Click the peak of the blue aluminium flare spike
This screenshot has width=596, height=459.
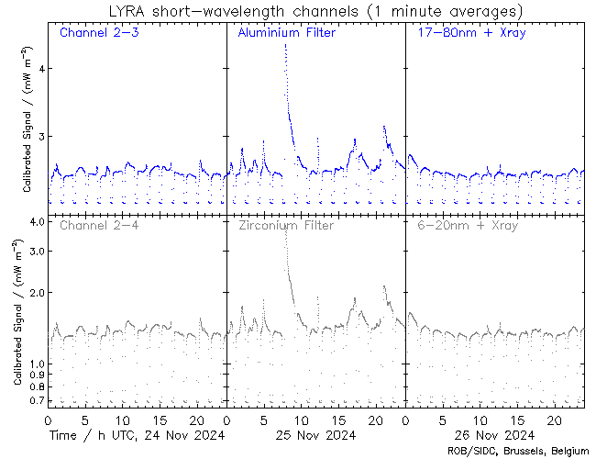(x=285, y=44)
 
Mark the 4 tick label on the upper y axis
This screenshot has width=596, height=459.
(x=39, y=68)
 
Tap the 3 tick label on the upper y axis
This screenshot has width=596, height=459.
(x=39, y=136)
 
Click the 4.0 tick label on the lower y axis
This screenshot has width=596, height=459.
(x=37, y=222)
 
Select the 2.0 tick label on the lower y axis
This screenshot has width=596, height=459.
(x=37, y=292)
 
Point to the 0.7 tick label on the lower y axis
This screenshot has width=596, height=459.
(x=37, y=401)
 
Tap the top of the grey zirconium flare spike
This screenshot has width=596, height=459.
(x=285, y=229)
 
